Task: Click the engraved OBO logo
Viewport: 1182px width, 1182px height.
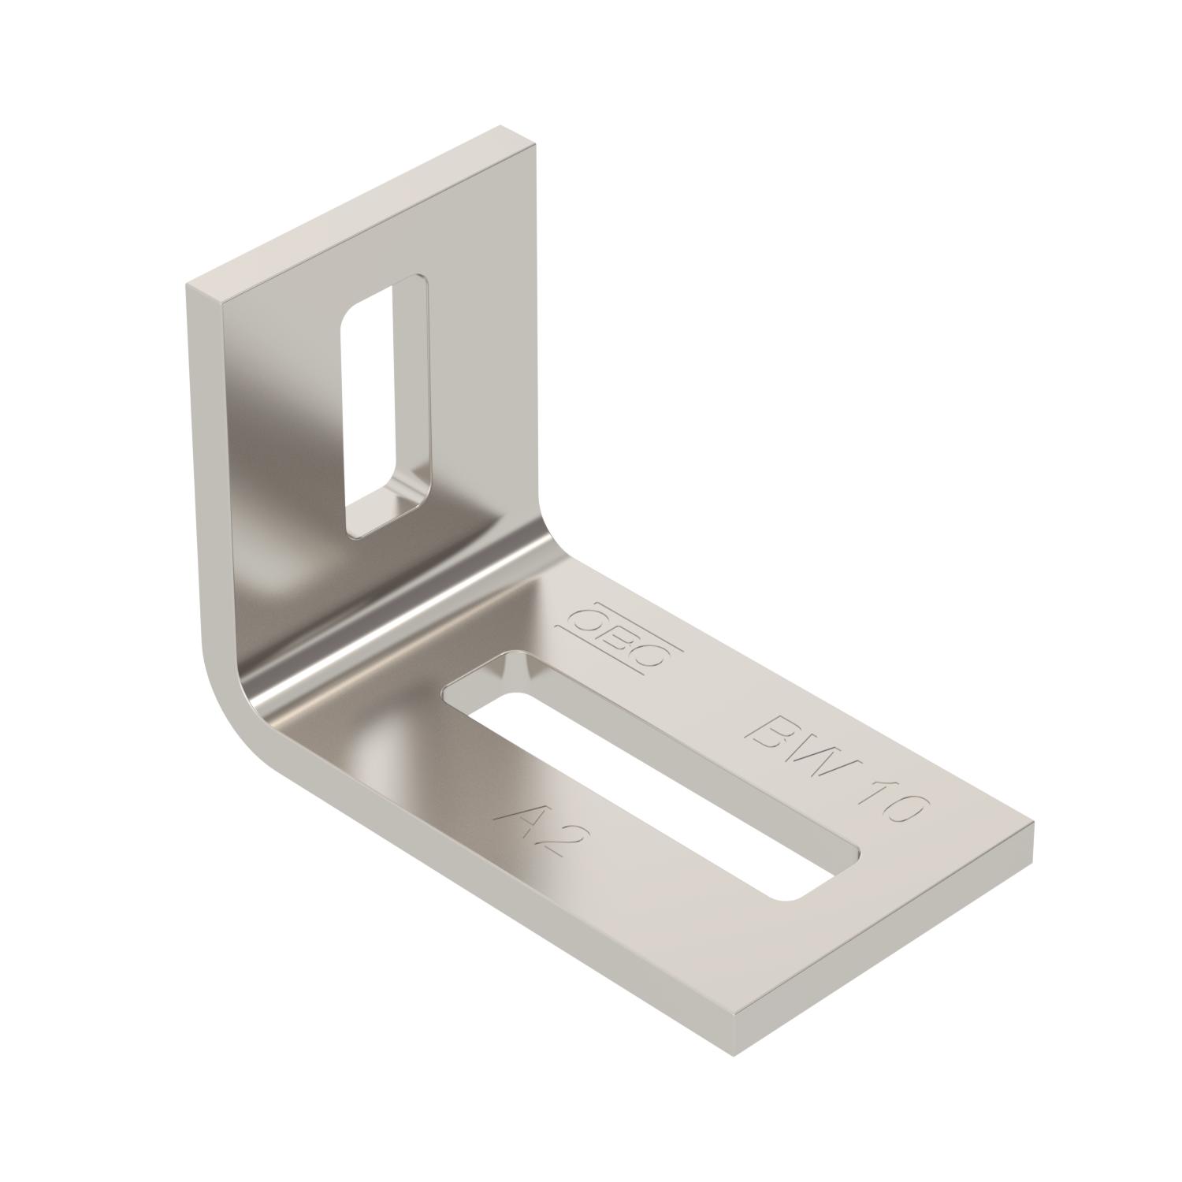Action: (619, 635)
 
